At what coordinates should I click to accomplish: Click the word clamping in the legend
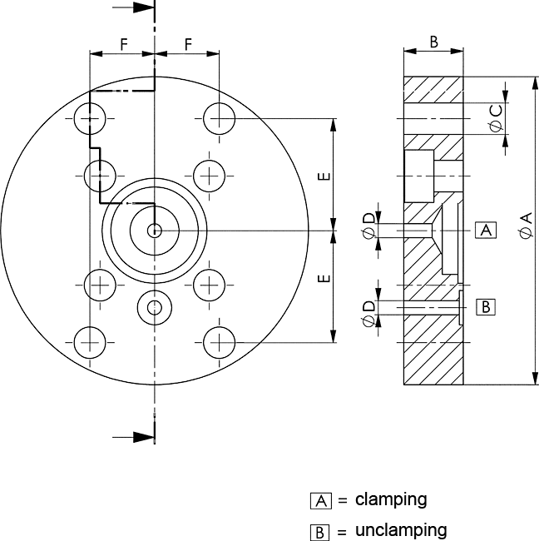point(391,499)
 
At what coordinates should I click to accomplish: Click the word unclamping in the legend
point(401,529)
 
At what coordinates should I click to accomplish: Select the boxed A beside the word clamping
point(321,500)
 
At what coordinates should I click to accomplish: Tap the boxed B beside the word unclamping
point(319,532)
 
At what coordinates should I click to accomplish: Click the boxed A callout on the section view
point(486,230)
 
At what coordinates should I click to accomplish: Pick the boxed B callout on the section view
point(486,307)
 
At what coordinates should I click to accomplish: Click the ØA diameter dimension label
point(527,226)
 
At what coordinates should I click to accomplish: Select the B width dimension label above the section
point(434,42)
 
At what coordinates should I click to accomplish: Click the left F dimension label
point(124,44)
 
